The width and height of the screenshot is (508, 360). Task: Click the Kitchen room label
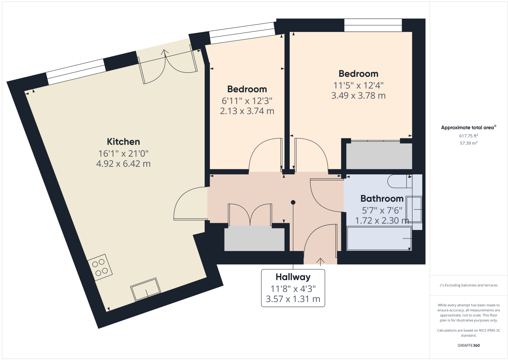(123, 141)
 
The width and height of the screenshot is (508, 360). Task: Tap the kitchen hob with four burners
(100, 267)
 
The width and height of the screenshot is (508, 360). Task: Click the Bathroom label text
(382, 198)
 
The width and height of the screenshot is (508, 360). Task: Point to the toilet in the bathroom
(399, 181)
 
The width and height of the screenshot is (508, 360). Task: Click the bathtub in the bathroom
(379, 239)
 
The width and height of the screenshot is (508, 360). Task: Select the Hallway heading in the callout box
(293, 277)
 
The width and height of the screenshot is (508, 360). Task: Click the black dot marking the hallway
(293, 203)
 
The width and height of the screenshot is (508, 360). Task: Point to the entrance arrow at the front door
(320, 261)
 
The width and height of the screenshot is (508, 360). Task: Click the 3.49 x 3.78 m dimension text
(358, 96)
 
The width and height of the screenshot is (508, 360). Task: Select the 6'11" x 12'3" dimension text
(247, 101)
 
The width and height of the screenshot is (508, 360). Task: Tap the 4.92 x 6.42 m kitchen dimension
(123, 164)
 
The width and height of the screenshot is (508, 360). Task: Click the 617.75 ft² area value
(469, 136)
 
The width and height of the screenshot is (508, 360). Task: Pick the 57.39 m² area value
(469, 143)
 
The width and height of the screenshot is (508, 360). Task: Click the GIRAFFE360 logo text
(469, 345)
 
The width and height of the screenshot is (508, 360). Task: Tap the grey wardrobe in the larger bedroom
(379, 155)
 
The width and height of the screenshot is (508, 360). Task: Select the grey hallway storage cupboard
(254, 239)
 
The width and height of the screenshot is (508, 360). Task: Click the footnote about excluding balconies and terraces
(469, 285)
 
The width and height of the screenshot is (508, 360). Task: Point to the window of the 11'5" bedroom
(373, 25)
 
